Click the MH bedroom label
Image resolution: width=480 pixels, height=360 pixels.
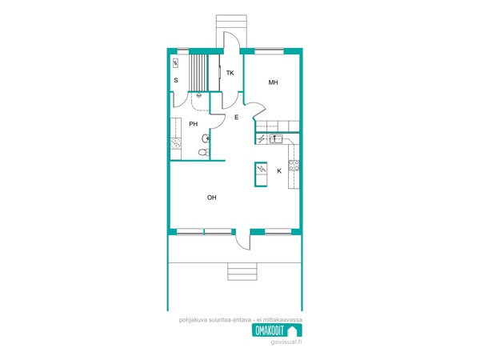pos(273,82)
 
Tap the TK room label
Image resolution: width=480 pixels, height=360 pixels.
pos(230,73)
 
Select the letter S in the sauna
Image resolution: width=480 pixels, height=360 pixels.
pos(176,80)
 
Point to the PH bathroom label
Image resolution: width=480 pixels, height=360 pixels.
pos(193,124)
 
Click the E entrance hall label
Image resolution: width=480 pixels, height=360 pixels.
pos(236,118)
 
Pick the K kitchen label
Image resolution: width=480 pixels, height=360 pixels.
pos(279,171)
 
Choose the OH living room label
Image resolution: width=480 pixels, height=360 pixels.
pos(211,198)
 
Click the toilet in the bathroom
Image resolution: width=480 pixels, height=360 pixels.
pos(204,152)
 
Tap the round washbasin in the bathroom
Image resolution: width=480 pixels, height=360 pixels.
pos(206,138)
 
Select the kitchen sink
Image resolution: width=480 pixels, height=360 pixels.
pos(276,139)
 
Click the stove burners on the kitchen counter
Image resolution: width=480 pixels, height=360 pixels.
pos(294,166)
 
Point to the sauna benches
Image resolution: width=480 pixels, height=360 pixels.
pos(198,73)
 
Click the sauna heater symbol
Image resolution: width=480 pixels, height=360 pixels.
pos(175,63)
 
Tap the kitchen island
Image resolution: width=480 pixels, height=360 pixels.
pos(261,174)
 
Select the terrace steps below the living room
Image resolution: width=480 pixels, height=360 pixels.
pos(242,271)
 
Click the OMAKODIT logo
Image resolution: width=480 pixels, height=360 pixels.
pos(277,330)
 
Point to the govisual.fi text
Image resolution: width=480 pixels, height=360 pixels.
pos(286,342)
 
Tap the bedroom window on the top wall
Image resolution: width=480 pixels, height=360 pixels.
pos(269,51)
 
